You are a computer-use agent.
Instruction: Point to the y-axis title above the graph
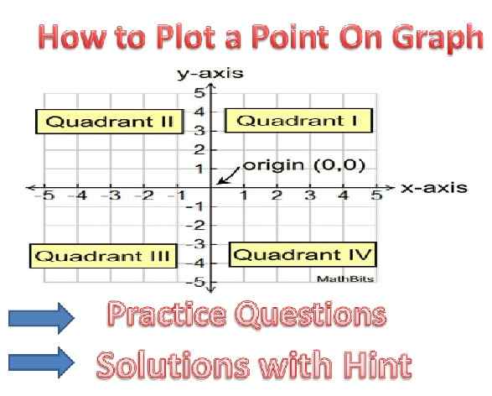point(209,74)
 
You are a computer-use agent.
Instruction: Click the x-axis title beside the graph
point(433,187)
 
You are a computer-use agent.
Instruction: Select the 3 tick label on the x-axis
point(309,196)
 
